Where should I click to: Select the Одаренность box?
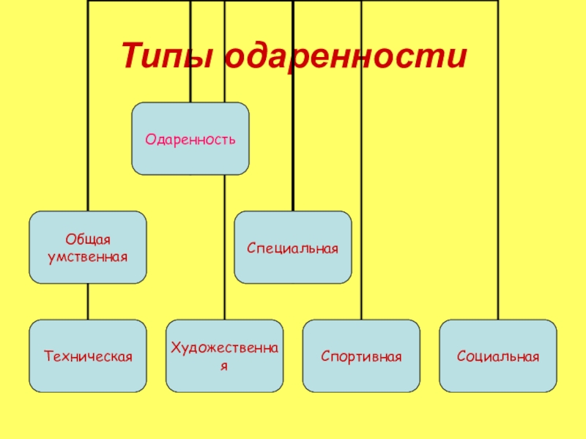pos(190,138)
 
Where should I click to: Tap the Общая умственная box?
pos(88,247)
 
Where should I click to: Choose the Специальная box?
pos(293,247)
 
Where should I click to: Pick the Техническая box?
pos(88,356)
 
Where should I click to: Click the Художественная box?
pos(225,356)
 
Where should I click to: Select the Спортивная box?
pos(362,356)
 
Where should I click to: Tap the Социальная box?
pos(498,356)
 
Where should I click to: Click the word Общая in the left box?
pos(88,241)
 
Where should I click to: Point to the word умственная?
pos(88,257)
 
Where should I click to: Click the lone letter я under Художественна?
pos(225,364)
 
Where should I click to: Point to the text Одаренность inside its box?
pos(190,138)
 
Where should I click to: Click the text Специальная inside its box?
pos(293,249)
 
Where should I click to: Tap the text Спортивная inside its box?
pos(362,357)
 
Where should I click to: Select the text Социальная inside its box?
pos(498,357)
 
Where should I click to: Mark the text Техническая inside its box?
pos(88,357)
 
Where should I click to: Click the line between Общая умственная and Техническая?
pos(88,301)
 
